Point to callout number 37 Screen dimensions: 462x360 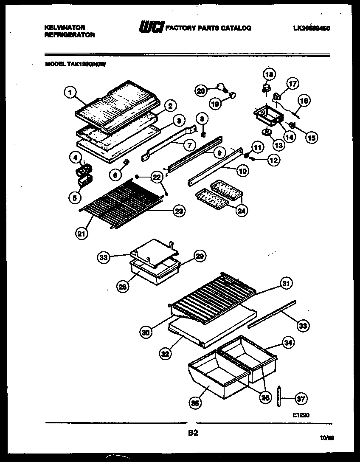pyautogui.click(x=301, y=398)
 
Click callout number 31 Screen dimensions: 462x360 pyautogui.click(x=287, y=283)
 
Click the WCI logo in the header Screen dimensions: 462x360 pyautogui.click(x=150, y=28)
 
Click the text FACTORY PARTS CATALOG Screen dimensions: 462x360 pyautogui.click(x=208, y=28)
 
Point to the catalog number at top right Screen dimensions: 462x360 pyautogui.click(x=311, y=28)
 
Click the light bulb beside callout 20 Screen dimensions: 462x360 pyautogui.click(x=221, y=87)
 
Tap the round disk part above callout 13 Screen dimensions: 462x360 pyautogui.click(x=267, y=132)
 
